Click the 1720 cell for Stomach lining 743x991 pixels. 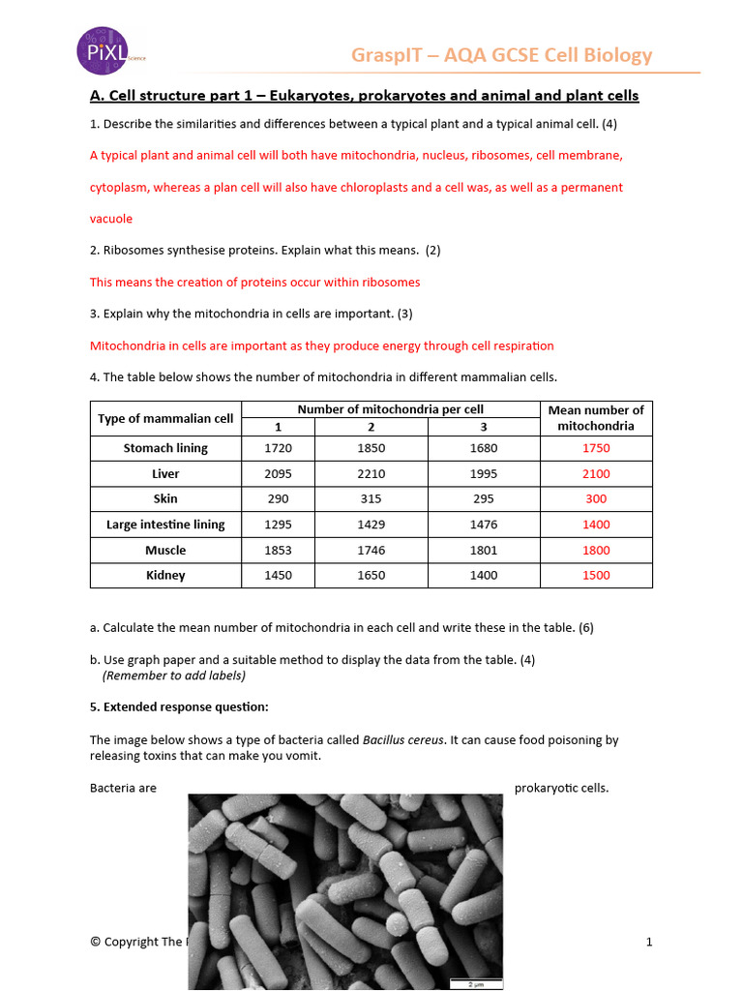coord(278,448)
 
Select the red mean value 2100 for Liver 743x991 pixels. coord(596,474)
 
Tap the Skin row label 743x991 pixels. coord(165,498)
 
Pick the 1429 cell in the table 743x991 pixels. coord(371,525)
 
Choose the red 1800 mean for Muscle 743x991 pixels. coord(596,550)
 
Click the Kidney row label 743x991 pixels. coord(165,575)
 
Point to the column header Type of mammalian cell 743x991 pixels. coord(165,418)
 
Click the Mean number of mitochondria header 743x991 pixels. coord(596,418)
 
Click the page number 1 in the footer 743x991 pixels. coord(649,942)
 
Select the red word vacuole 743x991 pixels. coord(111,219)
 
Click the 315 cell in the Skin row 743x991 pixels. coord(371,498)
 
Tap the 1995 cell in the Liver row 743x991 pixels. coord(483,474)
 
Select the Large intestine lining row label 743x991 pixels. coord(165,525)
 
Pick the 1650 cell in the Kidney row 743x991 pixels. coord(371,575)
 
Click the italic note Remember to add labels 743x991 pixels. coord(174,676)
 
